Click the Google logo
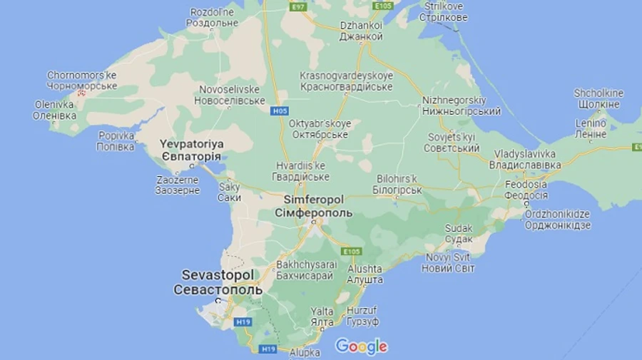tap(361, 346)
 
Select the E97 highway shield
tap(297, 6)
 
